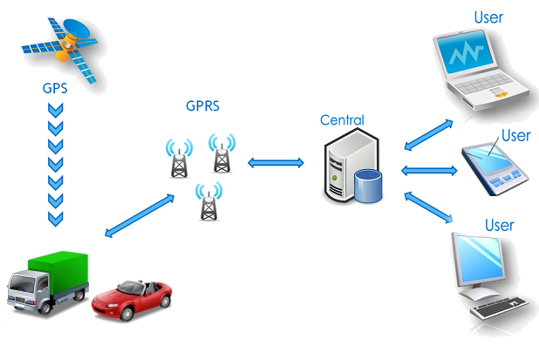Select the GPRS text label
201,107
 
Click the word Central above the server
342,119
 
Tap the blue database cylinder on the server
368,185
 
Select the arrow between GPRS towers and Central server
275,162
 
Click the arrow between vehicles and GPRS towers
139,215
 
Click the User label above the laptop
488,17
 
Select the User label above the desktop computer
499,225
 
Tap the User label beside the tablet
515,135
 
